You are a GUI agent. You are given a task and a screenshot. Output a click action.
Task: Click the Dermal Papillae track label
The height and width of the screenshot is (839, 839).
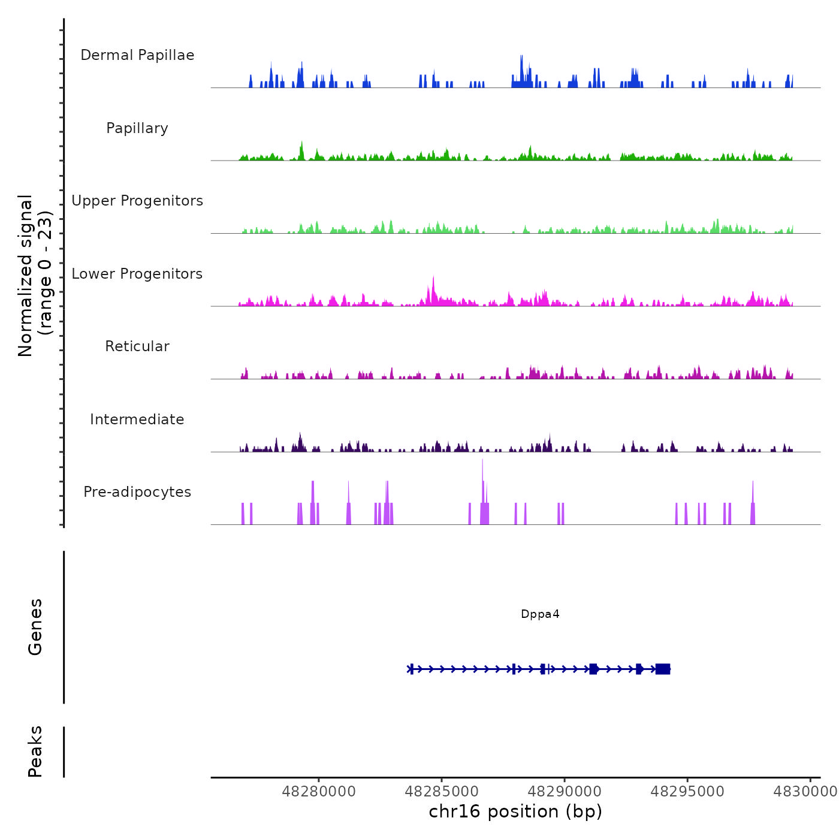click(x=137, y=55)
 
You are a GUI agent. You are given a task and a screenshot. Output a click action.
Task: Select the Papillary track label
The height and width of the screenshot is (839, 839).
click(x=137, y=128)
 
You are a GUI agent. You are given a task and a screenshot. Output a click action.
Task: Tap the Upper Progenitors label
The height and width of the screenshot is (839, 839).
click(x=137, y=201)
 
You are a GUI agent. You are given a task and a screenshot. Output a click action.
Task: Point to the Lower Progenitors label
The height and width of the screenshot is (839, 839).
click(x=137, y=274)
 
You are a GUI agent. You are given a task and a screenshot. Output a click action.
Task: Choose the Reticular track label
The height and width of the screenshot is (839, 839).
click(x=137, y=346)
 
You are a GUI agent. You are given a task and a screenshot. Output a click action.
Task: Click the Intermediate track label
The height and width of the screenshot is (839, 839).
click(x=137, y=419)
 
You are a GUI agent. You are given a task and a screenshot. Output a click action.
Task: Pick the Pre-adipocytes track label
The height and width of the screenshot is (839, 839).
click(x=137, y=492)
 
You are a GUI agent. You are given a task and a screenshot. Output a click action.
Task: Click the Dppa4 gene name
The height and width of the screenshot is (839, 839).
click(x=540, y=614)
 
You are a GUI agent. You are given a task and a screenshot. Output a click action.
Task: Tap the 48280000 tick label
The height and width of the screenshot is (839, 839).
click(x=319, y=792)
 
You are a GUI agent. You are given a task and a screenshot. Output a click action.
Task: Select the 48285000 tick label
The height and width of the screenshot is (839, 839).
click(x=442, y=792)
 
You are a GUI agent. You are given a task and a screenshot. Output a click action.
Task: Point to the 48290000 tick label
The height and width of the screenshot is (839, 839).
click(x=565, y=792)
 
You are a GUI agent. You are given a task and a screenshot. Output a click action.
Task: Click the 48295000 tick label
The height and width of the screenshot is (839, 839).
click(x=687, y=792)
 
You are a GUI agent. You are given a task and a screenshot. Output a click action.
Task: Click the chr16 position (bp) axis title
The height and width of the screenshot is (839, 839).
click(x=515, y=811)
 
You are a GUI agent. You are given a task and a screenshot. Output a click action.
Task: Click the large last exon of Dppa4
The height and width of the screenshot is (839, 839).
click(x=663, y=669)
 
